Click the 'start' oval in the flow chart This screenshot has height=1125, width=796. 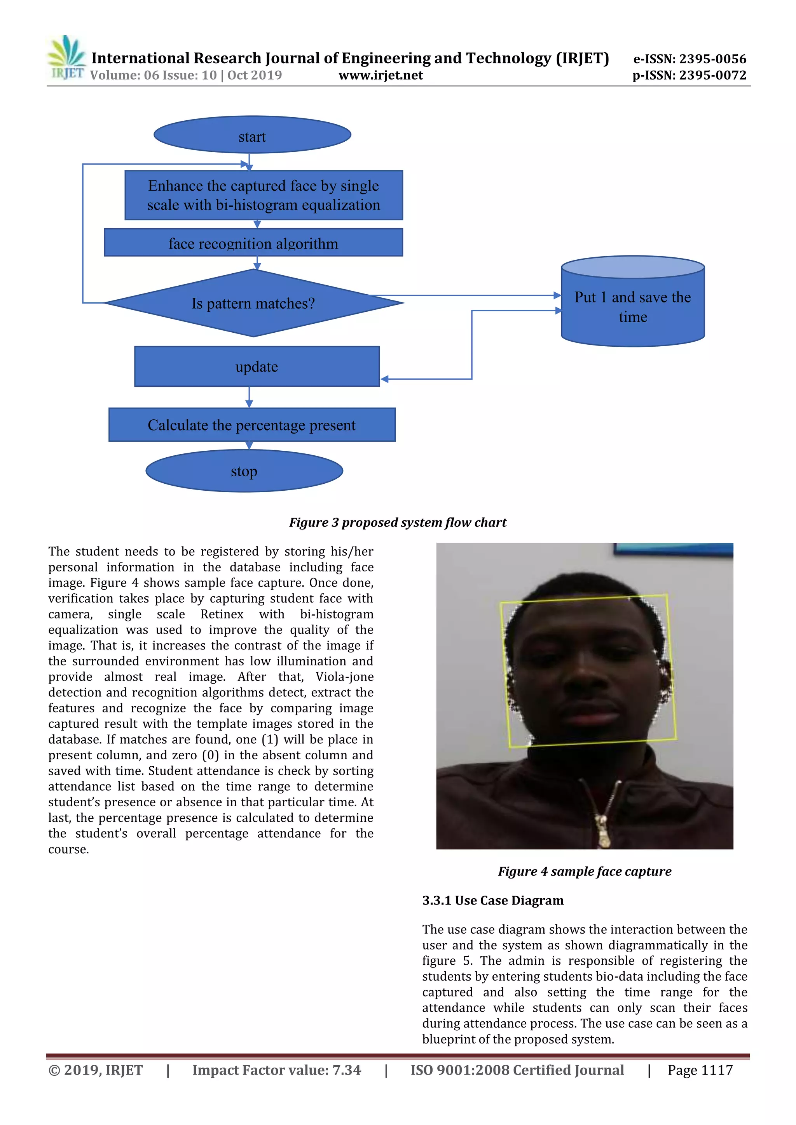pos(252,135)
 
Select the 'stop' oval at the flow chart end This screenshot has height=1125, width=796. pos(244,471)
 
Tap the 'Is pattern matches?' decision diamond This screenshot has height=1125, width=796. pos(253,303)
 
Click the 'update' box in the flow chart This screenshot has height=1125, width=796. pos(257,366)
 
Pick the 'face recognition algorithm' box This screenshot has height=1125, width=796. pos(253,243)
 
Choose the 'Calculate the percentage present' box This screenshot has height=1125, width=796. pos(251,425)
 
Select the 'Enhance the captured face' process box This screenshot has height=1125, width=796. pos(264,195)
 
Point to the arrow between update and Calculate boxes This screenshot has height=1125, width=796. pos(249,397)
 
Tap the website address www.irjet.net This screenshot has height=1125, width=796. pos(381,75)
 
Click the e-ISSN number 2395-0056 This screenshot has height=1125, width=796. pos(712,59)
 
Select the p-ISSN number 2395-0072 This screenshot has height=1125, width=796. pos(712,75)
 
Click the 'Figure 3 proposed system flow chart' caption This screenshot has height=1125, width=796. pos(397,523)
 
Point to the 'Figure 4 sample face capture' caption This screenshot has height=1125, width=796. pos(585,871)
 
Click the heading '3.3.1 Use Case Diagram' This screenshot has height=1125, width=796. pos(493,901)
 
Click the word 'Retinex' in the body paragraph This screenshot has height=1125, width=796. pos(222,614)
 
